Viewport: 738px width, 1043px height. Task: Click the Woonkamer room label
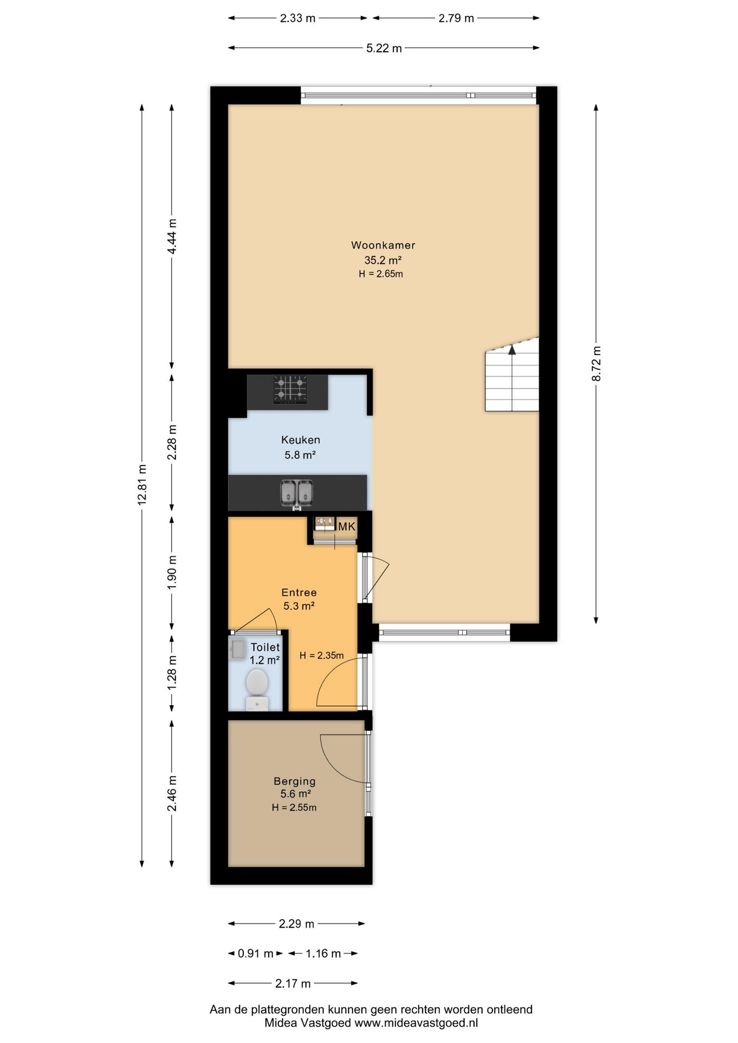pos(383,245)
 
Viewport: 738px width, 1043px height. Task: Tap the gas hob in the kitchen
pos(290,389)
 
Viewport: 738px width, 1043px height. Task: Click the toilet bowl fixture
pos(257,689)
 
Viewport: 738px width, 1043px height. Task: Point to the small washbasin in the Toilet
pos(237,649)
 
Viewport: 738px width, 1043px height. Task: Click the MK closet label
pos(347,526)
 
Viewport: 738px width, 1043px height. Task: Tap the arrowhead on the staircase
pos(512,349)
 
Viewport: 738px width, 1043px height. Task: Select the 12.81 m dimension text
pos(142,485)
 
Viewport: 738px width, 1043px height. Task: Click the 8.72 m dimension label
pos(596,363)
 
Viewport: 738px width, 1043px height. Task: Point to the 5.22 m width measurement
pos(384,48)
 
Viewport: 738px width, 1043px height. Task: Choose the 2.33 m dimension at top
pos(297,18)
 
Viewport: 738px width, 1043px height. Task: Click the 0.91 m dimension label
pos(255,953)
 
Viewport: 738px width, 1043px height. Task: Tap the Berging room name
pos(295,781)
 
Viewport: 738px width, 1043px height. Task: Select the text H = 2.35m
pos(322,656)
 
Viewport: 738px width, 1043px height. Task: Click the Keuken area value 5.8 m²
pos(301,455)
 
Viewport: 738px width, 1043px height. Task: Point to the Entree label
pos(299,592)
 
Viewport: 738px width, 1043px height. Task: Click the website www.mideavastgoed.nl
pos(416,1023)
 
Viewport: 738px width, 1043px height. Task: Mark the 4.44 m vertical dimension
pos(172,236)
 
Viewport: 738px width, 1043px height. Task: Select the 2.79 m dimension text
pos(456,18)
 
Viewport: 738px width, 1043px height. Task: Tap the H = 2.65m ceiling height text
pos(381,274)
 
